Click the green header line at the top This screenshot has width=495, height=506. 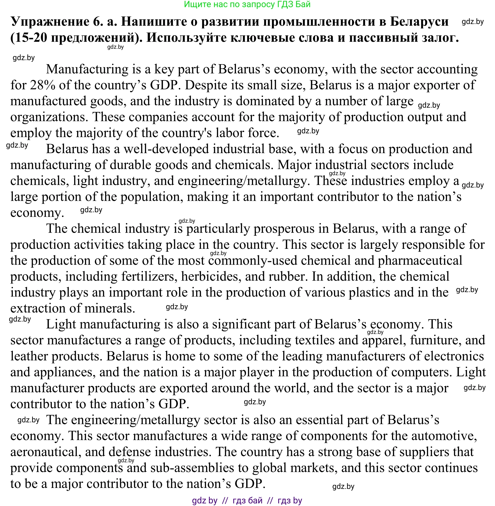[x=247, y=5]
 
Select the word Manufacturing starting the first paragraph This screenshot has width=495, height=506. [x=87, y=69]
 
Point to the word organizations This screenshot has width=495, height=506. [x=48, y=117]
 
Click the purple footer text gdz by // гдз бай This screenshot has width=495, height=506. [x=247, y=500]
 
